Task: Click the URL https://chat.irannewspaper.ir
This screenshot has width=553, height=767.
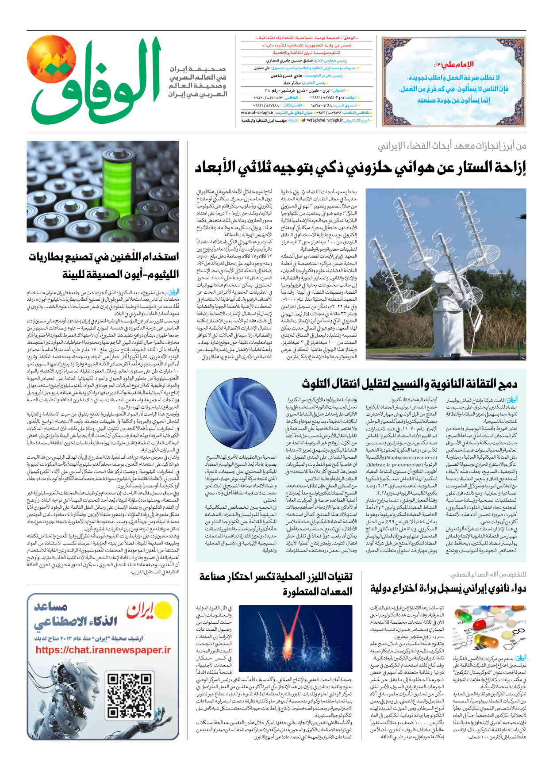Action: [x=103, y=650]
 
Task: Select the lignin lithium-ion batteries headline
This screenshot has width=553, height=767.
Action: [x=104, y=265]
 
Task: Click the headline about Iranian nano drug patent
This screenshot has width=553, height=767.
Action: [x=448, y=588]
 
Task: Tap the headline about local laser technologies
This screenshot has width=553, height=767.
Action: [x=276, y=584]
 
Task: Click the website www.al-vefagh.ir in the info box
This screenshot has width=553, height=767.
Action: [x=257, y=113]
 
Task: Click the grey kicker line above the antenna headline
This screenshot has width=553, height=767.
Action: [x=451, y=146]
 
